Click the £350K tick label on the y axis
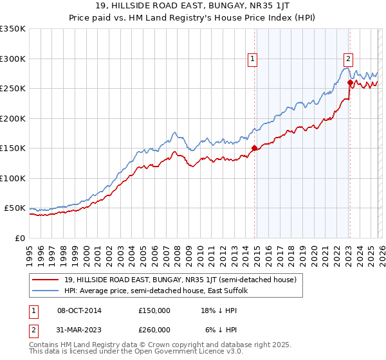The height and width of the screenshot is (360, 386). [x=13, y=29]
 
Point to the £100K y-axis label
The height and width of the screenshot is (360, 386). [x=13, y=178]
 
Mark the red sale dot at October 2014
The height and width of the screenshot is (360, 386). [x=254, y=148]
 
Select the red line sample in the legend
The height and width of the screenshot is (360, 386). [x=46, y=280]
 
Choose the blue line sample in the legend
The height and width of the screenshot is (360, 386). [x=46, y=291]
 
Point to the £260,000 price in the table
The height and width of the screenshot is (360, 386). [x=154, y=329]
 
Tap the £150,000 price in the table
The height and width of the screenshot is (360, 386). [x=154, y=310]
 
